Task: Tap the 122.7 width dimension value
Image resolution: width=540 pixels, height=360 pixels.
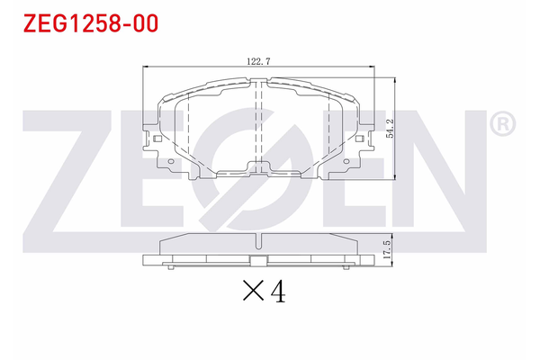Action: [x=258, y=61]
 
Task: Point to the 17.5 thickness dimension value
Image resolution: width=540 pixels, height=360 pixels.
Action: [x=386, y=248]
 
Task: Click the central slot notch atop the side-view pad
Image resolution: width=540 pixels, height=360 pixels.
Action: [x=258, y=240]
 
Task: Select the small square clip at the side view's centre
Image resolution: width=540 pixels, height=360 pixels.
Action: [x=258, y=263]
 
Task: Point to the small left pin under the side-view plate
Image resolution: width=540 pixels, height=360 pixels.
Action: [x=172, y=267]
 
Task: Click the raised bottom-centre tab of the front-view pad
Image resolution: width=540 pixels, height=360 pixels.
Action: [x=258, y=166]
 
